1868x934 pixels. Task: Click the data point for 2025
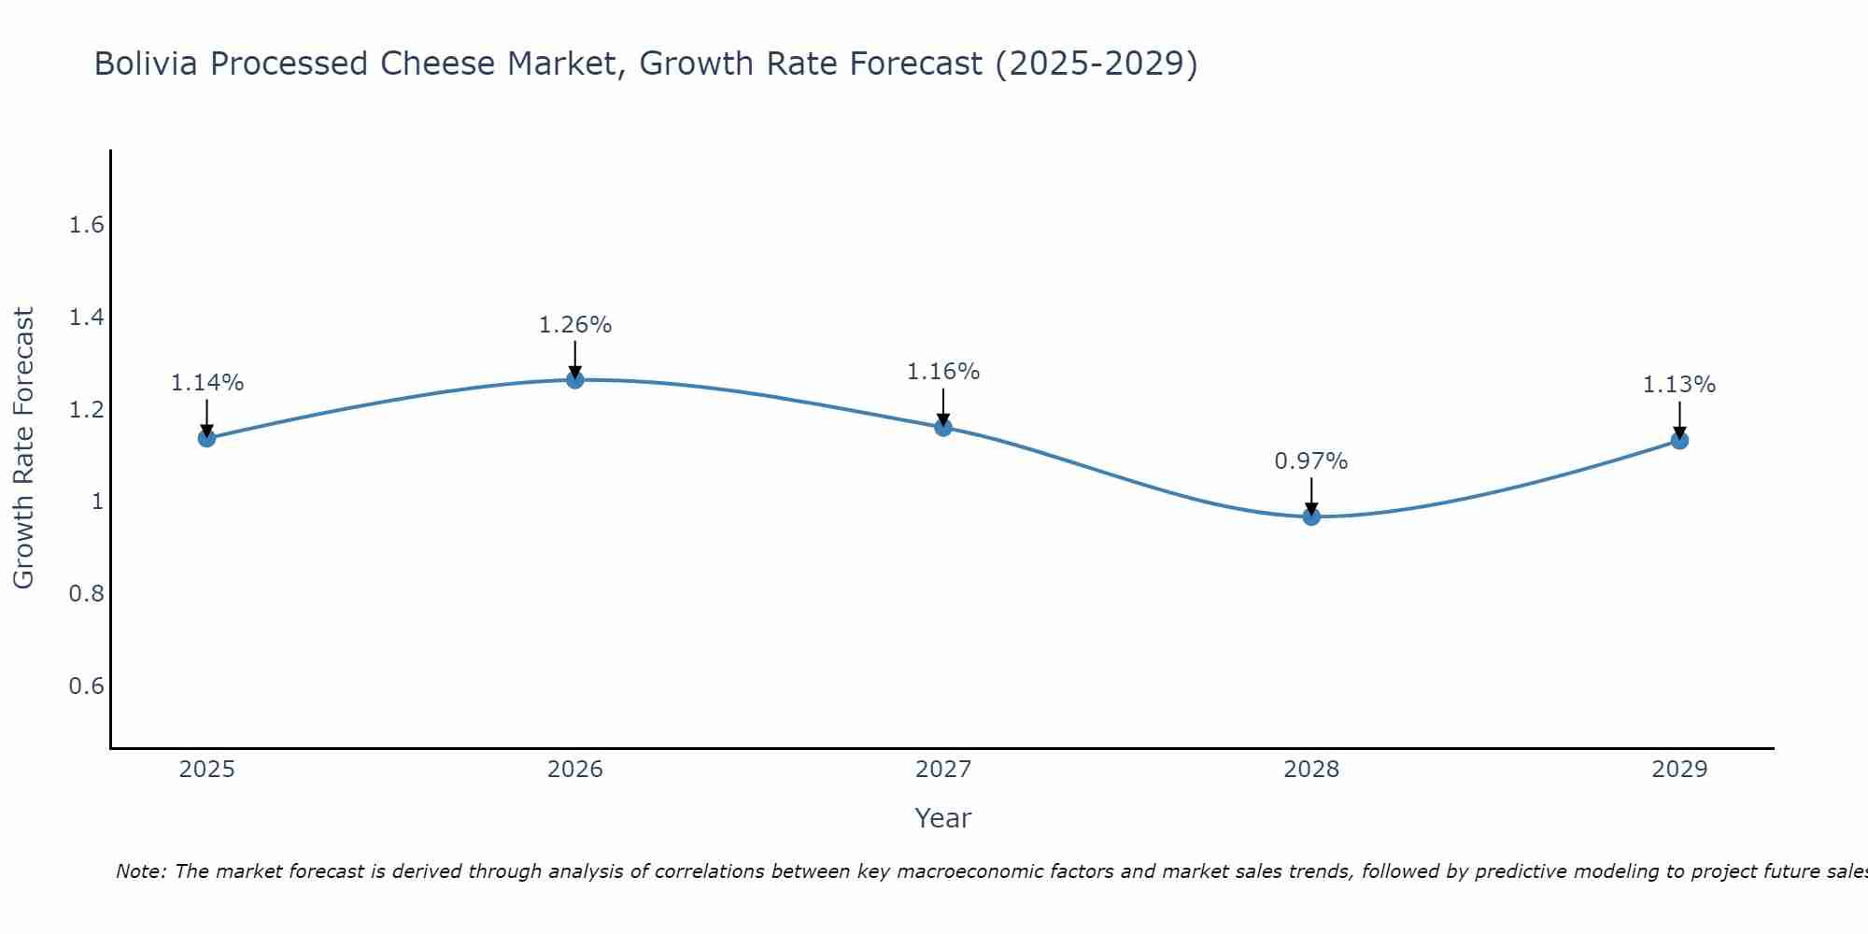[206, 438]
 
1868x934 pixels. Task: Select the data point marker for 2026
[574, 379]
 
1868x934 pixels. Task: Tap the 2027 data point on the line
[943, 428]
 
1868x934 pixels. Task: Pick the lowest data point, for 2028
[1311, 517]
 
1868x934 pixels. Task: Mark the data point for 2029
[1679, 440]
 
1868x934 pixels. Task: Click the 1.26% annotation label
[574, 325]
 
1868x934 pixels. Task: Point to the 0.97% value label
[1311, 461]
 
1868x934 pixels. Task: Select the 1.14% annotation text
[206, 383]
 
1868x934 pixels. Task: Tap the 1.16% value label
[943, 372]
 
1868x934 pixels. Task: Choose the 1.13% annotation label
[1679, 385]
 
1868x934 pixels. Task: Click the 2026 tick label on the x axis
[574, 770]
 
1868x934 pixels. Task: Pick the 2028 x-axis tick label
[1311, 770]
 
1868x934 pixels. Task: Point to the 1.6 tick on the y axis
[87, 226]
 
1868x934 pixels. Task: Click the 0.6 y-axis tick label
[87, 686]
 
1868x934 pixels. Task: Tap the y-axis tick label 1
[96, 502]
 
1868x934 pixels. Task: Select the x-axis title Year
[942, 818]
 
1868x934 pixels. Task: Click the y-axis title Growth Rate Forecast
[23, 448]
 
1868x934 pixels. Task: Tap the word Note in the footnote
[140, 872]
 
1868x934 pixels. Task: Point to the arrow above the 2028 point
[1311, 496]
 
